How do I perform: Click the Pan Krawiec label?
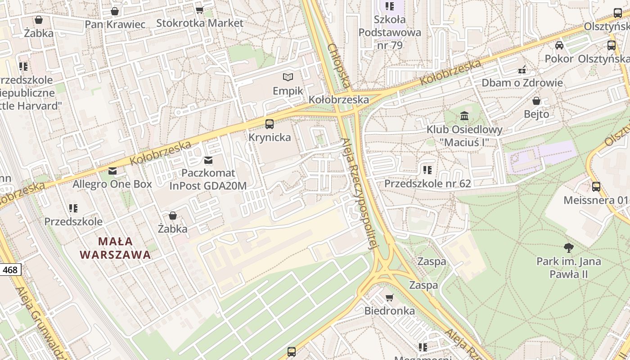[115, 24]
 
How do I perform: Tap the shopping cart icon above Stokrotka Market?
[199, 10]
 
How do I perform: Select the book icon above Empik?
[288, 77]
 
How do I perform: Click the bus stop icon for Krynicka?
[270, 124]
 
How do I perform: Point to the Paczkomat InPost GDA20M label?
[208, 179]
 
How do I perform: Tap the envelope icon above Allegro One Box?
[112, 171]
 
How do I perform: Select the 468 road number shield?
[10, 270]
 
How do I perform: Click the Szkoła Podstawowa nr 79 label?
[390, 32]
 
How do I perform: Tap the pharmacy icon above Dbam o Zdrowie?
[522, 70]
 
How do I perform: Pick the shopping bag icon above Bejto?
[536, 101]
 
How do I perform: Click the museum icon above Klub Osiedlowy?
[464, 117]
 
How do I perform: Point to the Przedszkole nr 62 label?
[427, 184]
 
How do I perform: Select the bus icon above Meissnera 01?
[596, 186]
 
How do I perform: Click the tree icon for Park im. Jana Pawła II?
[569, 247]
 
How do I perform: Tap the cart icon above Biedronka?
[390, 297]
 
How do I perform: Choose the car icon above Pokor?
[559, 45]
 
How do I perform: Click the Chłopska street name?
[339, 66]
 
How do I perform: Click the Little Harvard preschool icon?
[23, 67]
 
